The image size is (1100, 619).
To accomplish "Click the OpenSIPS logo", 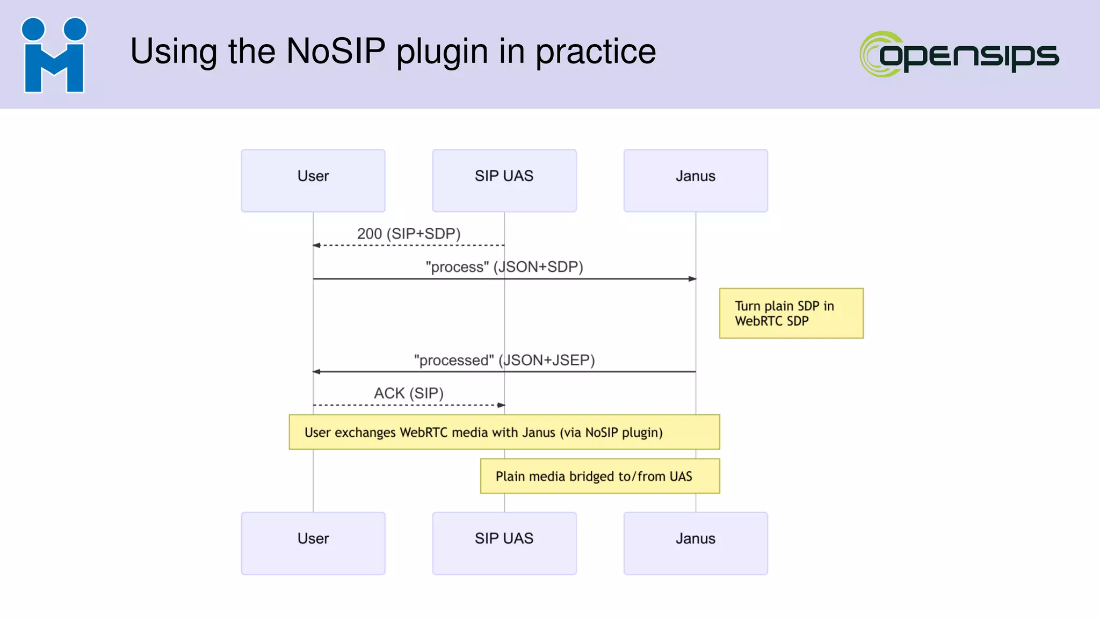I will click(959, 54).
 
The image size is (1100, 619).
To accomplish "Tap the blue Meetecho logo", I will click(54, 55).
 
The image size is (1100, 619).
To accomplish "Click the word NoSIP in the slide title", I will click(336, 52).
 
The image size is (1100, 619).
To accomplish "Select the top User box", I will click(313, 181).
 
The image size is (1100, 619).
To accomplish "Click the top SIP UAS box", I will click(504, 181).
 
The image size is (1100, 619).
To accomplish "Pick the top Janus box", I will click(696, 181).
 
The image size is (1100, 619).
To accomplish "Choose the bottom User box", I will click(313, 543).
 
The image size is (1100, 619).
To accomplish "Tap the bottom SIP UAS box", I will click(504, 543).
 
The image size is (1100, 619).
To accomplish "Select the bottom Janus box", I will click(696, 543).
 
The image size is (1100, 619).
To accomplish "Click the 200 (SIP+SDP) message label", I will click(409, 234).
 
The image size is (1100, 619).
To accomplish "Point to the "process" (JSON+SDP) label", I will click(504, 267).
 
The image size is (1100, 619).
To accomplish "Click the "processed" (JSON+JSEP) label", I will click(504, 360).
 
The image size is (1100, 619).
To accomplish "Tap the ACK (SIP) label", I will click(409, 393).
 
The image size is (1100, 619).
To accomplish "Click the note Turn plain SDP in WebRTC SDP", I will click(791, 313).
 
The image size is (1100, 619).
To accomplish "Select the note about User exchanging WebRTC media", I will click(504, 432).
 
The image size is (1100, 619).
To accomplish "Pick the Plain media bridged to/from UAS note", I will click(600, 476).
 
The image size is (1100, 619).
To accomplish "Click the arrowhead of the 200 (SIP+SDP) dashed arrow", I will click(317, 246).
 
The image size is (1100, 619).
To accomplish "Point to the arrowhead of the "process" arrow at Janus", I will click(692, 279).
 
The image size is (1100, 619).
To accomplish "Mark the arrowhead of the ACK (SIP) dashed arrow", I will click(501, 405).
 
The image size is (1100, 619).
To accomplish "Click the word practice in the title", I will click(596, 52).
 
